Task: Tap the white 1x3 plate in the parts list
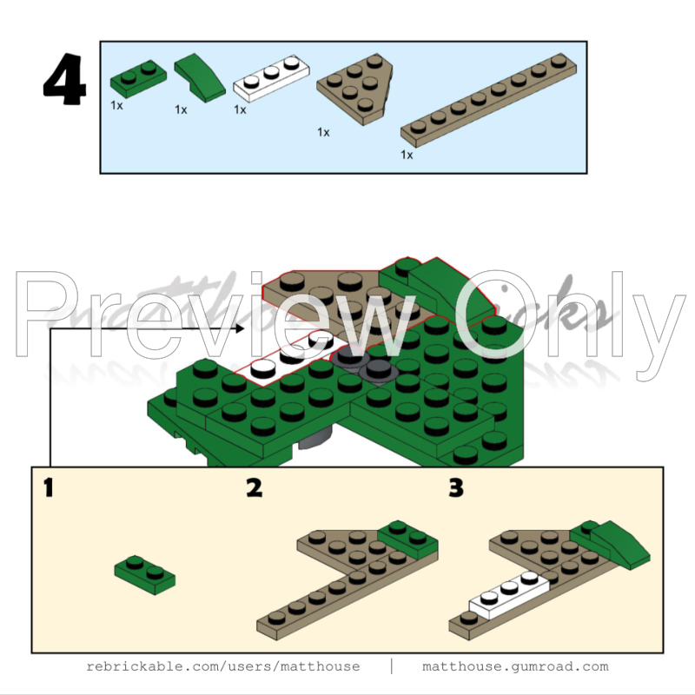(x=272, y=78)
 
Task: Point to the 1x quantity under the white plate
(x=240, y=109)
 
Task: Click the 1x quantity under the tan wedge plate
(x=323, y=132)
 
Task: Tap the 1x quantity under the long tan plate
(x=407, y=155)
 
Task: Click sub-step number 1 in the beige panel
(x=49, y=489)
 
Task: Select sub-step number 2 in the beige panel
(x=254, y=489)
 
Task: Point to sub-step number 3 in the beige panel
(x=456, y=489)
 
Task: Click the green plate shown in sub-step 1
(x=144, y=574)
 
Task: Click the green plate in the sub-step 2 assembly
(x=407, y=539)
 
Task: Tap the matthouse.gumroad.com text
(x=515, y=666)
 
